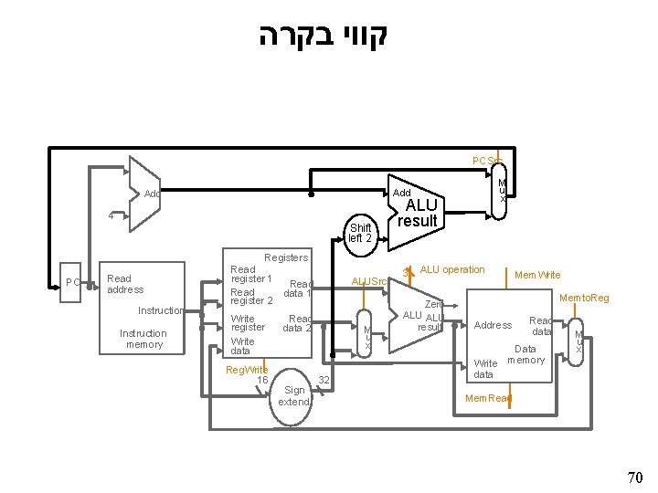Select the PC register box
click(x=73, y=282)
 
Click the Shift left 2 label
click(x=359, y=233)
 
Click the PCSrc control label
click(x=486, y=161)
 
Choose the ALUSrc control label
click(x=369, y=281)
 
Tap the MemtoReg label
click(x=584, y=298)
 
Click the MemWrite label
click(x=537, y=274)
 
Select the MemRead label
click(x=488, y=398)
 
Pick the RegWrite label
click(x=246, y=369)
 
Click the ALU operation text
click(x=452, y=269)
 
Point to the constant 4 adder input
click(x=111, y=216)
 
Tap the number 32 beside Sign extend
click(x=323, y=379)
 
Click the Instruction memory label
click(x=143, y=339)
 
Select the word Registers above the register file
click(x=285, y=258)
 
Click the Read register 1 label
click(x=251, y=274)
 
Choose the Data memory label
click(x=525, y=354)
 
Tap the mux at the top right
click(x=502, y=193)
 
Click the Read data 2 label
click(x=298, y=323)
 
